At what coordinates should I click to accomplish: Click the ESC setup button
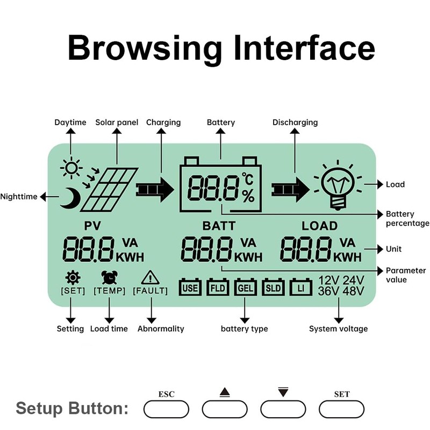tap(166, 409)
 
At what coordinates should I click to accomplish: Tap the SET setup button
tap(341, 409)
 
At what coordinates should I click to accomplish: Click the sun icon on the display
tap(71, 168)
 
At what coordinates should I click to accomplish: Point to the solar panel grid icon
tap(109, 190)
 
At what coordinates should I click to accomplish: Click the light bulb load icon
tap(338, 185)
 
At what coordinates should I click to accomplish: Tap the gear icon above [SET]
tap(73, 277)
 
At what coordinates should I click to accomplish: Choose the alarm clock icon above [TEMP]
tap(110, 277)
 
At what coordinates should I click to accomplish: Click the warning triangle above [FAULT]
tap(150, 277)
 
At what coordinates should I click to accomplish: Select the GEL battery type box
tap(246, 287)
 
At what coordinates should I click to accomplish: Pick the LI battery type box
tap(301, 287)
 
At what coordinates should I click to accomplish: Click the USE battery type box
tap(190, 287)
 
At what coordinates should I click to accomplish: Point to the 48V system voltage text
tap(354, 291)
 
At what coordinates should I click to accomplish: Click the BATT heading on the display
tap(219, 226)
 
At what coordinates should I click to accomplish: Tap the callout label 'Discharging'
tap(295, 123)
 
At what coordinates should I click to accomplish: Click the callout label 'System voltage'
tap(339, 328)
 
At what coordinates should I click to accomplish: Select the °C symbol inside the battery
tap(248, 179)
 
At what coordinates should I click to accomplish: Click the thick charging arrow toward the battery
tap(155, 190)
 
